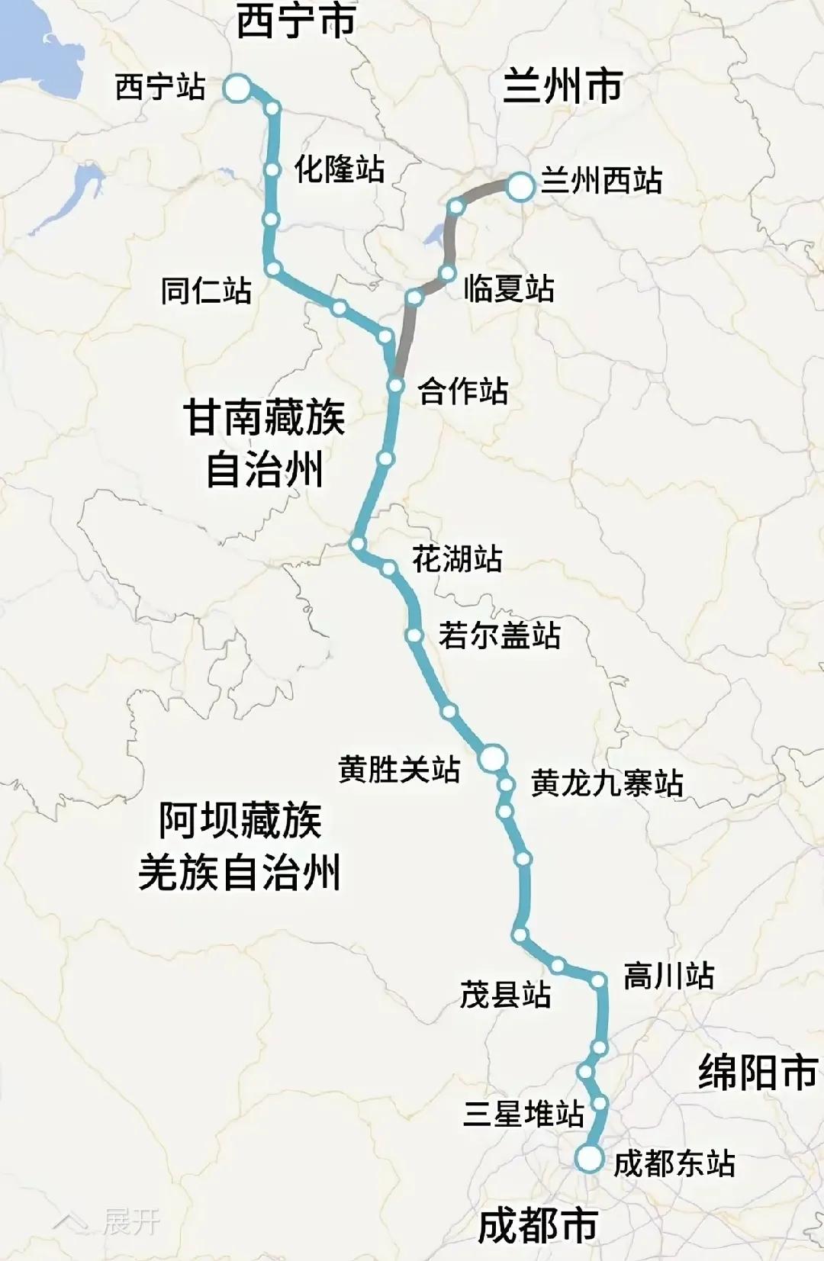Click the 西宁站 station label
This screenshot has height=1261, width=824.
click(160, 87)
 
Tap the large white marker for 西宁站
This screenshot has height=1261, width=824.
click(237, 88)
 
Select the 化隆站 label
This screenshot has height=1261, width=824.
click(340, 169)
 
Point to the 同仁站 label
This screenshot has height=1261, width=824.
click(206, 291)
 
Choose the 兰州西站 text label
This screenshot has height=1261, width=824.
click(601, 181)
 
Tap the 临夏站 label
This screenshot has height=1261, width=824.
click(509, 288)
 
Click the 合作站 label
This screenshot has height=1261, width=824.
click(462, 391)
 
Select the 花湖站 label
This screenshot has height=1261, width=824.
click(457, 558)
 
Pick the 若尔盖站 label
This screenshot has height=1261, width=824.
click(500, 635)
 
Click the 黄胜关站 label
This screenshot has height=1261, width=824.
click(399, 769)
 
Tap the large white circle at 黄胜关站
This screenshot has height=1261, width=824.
click(493, 758)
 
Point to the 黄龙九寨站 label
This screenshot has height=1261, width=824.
click(607, 783)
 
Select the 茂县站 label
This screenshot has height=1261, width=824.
click(505, 995)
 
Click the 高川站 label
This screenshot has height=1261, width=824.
click(669, 976)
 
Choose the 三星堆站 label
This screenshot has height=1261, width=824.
click(523, 1114)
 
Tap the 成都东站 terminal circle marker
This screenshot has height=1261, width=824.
click(590, 1159)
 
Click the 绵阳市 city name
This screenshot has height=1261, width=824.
click(758, 1072)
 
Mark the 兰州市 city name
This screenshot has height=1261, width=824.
click(563, 85)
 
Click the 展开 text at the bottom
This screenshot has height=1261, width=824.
click(131, 1222)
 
